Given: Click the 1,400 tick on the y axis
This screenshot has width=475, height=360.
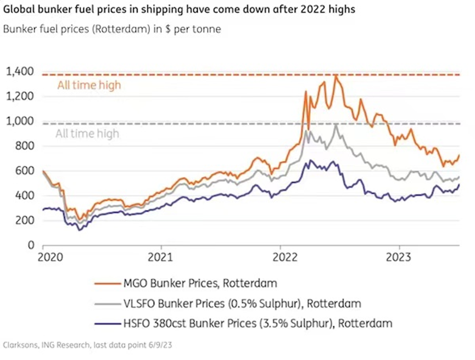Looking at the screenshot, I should (x=19, y=71).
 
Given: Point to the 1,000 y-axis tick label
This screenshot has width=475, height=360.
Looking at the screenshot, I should (x=19, y=121).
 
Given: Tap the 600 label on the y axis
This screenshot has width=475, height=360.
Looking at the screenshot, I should (x=24, y=171).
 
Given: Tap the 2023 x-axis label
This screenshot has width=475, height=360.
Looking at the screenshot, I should (x=400, y=256).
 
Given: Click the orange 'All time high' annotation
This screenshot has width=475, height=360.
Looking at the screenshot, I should (x=88, y=85).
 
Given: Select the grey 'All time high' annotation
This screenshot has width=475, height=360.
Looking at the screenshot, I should (x=87, y=133).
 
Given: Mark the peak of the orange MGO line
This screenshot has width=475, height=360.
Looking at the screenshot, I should (x=335, y=76).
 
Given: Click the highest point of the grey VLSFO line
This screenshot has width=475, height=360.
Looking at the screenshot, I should (x=336, y=125).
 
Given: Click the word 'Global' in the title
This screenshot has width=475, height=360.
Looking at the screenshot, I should (x=18, y=10).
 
